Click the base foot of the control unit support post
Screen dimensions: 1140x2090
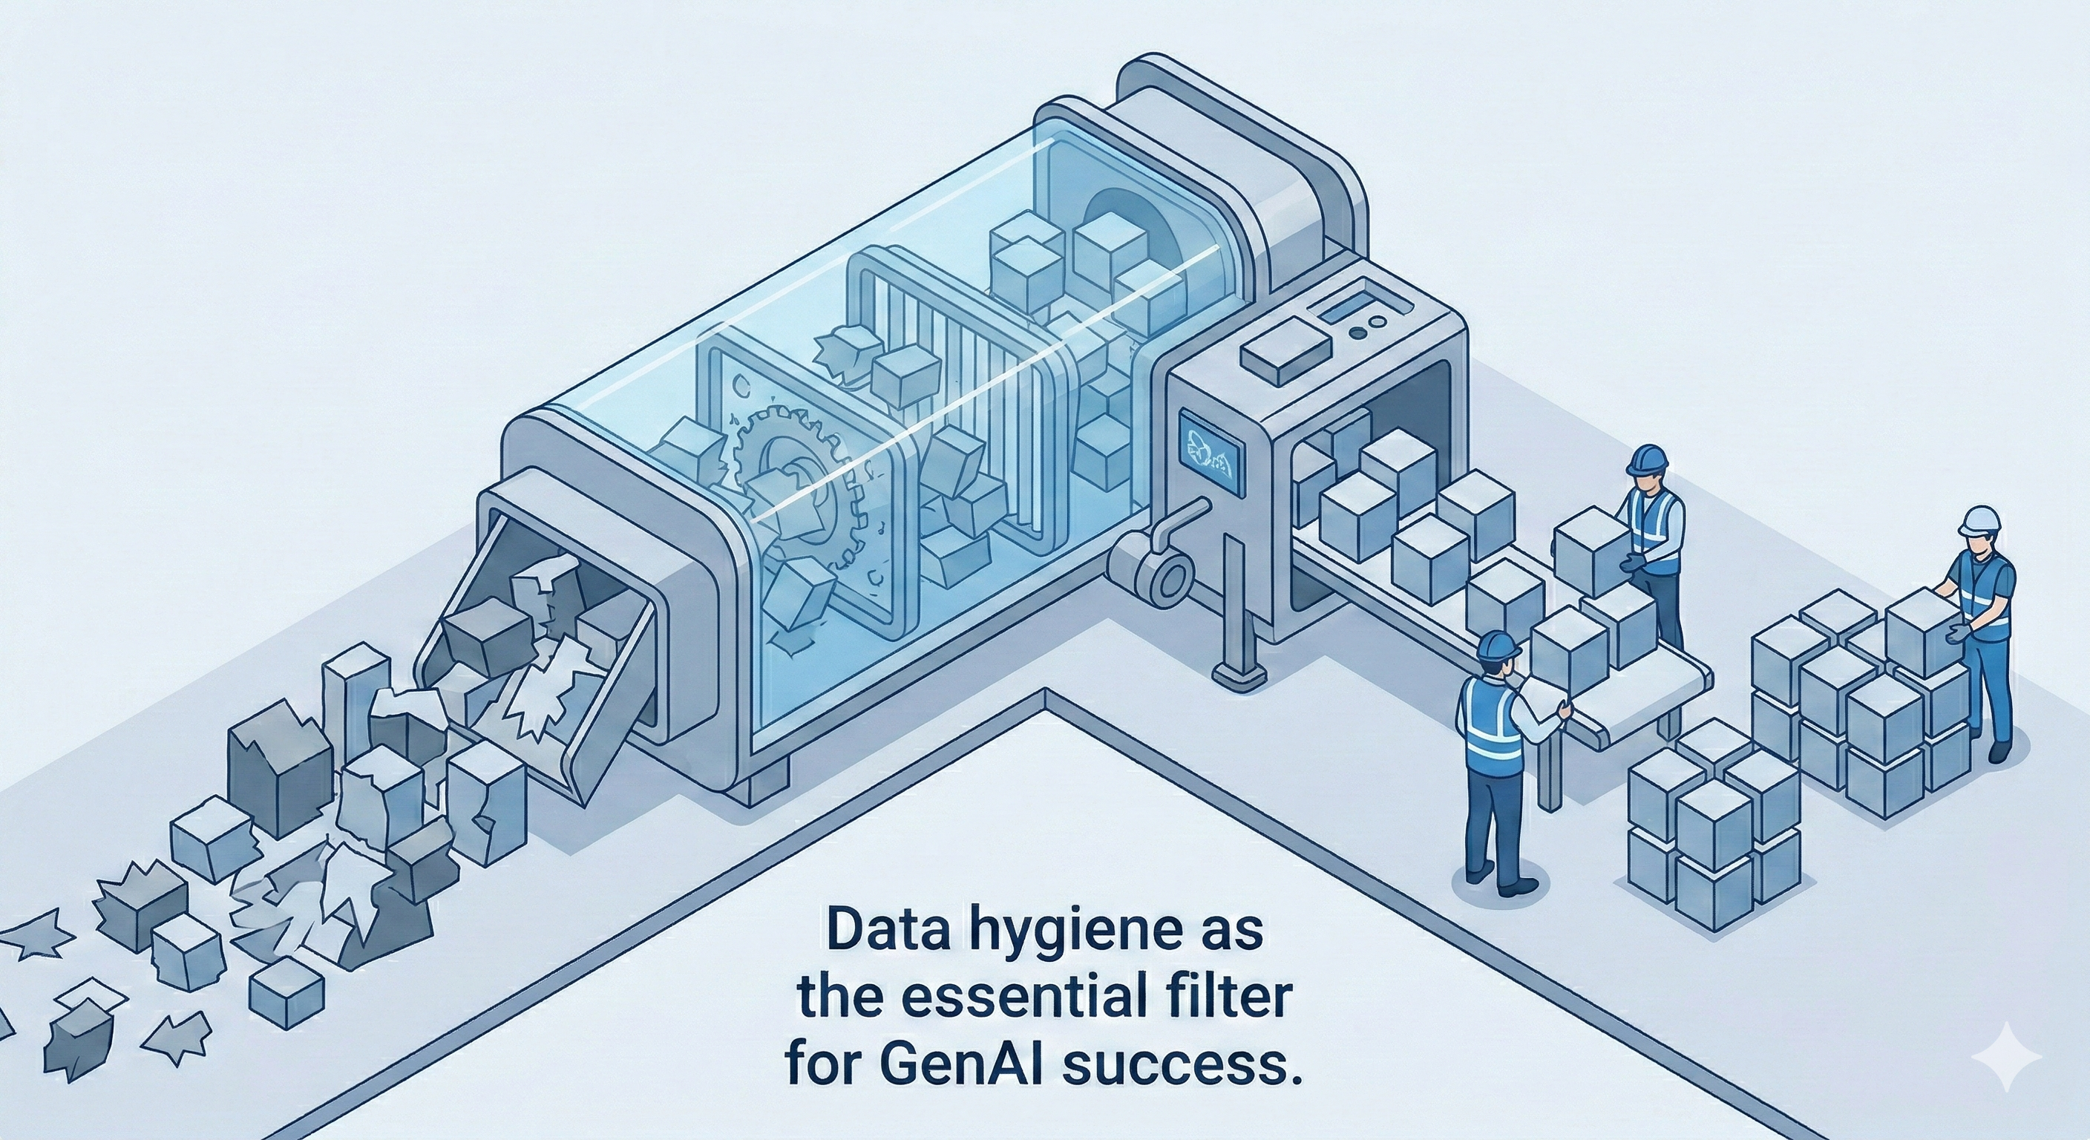1239,672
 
